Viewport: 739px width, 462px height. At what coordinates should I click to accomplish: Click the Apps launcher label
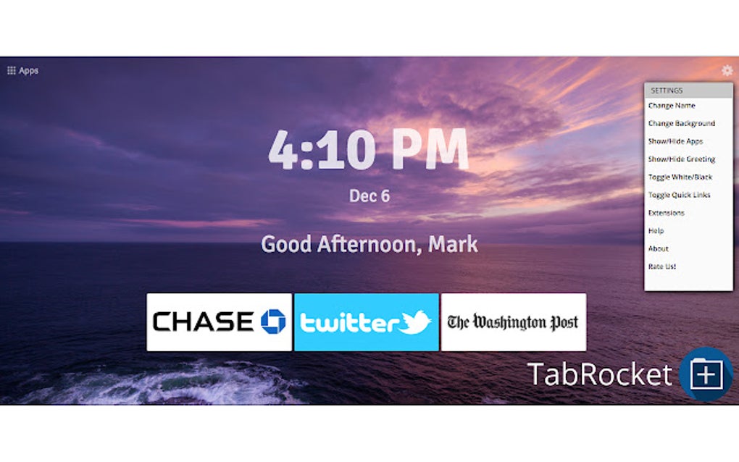click(x=28, y=71)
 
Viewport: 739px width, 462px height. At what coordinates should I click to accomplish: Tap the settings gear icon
click(x=727, y=70)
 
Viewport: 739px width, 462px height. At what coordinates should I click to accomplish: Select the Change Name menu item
click(x=672, y=106)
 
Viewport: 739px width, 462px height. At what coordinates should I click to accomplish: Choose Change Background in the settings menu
click(x=681, y=124)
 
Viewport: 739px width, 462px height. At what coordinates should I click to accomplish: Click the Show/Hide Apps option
click(x=675, y=141)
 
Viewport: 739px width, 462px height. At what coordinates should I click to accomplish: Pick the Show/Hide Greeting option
click(x=681, y=159)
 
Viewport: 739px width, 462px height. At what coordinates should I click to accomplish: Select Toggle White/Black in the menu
click(x=680, y=177)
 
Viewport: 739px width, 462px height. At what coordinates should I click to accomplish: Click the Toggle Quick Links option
click(x=679, y=195)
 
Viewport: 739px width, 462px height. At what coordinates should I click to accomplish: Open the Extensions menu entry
click(x=666, y=213)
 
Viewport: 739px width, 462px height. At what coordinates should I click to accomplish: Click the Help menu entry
click(x=656, y=231)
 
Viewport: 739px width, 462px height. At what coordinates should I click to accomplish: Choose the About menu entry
click(x=658, y=249)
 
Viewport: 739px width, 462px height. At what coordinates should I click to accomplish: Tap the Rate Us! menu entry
click(x=661, y=266)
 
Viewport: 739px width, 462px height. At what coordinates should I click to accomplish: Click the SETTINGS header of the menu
click(x=667, y=91)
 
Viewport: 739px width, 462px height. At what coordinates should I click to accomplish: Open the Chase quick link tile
click(x=219, y=322)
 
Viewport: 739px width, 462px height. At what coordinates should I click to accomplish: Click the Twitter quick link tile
click(x=366, y=322)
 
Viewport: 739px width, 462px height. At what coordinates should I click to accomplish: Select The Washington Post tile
click(x=513, y=322)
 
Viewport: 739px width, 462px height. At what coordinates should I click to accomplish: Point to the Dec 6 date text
click(x=369, y=196)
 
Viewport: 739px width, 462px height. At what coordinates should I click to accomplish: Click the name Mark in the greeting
click(x=453, y=244)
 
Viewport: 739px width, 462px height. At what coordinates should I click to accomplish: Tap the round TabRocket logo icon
click(x=706, y=374)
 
